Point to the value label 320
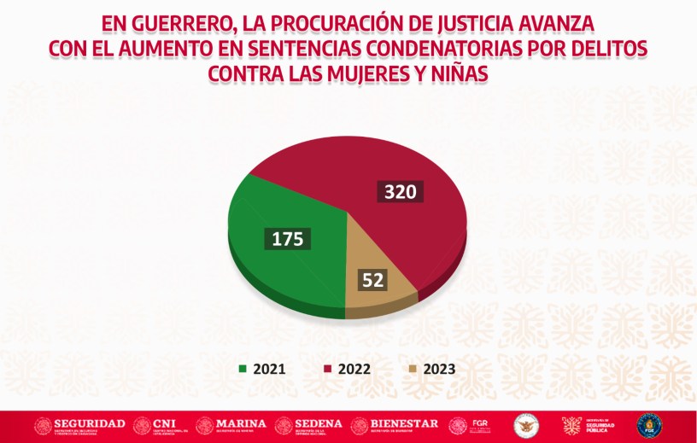[x=400, y=191]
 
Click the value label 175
[x=288, y=239]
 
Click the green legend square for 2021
[x=243, y=370]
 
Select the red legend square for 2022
[x=328, y=370]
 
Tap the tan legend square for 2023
[x=413, y=370]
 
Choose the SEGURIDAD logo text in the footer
[x=90, y=423]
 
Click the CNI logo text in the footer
[x=163, y=423]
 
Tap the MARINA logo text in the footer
[x=241, y=423]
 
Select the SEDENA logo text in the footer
[x=319, y=423]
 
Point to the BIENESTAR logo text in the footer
[x=406, y=423]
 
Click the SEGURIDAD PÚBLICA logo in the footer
[x=599, y=425]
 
